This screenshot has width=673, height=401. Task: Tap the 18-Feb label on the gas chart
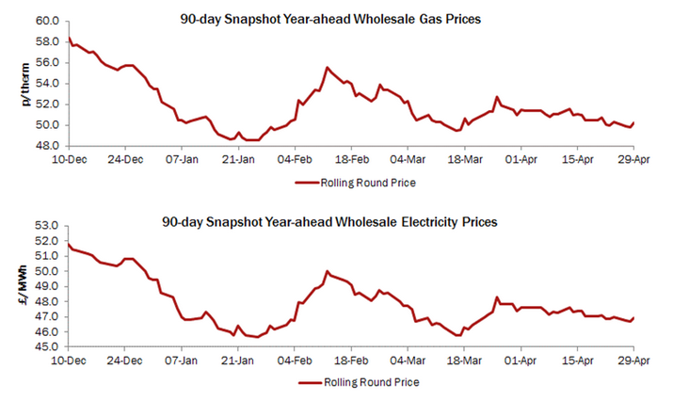351,160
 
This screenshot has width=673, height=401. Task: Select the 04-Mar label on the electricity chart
407,361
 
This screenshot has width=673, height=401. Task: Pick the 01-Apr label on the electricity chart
520,361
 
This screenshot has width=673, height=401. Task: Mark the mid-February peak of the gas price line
327,68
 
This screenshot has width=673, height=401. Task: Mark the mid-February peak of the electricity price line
327,271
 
